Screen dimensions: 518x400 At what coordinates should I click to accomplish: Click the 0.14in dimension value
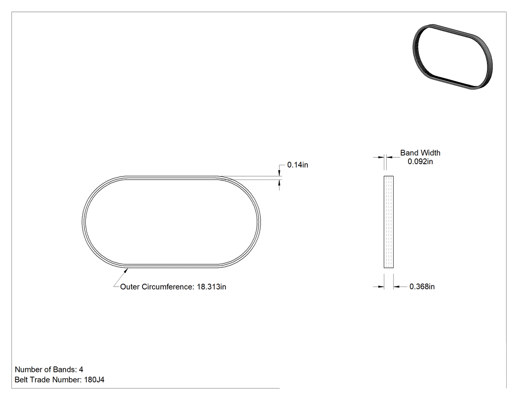coord(297,165)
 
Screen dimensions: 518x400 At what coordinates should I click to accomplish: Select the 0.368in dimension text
coord(422,287)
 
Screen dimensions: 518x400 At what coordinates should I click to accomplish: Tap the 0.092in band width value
coord(420,161)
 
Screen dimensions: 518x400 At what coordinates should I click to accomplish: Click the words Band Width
coord(420,153)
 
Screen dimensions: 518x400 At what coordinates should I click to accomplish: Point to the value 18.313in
coord(212,287)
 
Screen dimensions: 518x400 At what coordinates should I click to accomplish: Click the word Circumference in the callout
coord(168,287)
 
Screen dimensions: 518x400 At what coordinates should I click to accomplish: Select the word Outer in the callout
coord(130,287)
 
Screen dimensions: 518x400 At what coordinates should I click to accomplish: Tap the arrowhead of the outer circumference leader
coord(126,271)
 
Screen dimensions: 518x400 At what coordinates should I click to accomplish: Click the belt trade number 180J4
coord(94,380)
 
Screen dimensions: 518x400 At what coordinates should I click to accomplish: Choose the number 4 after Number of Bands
coord(81,369)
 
